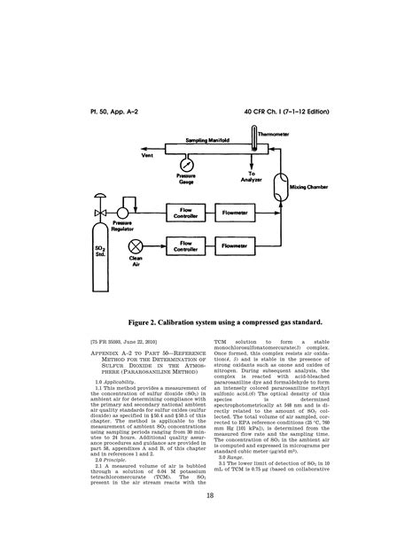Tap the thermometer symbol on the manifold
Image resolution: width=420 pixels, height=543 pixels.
pyautogui.click(x=253, y=138)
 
